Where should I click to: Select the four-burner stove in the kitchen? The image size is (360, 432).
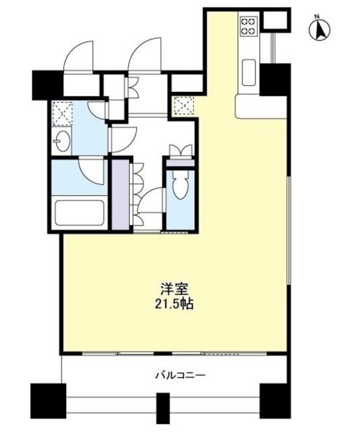[x=248, y=26]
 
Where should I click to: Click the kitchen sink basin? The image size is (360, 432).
[x=248, y=70]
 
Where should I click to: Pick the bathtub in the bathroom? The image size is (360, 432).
[x=78, y=214]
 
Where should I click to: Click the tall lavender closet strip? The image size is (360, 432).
[x=120, y=196]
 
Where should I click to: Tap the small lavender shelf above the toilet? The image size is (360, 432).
[x=180, y=162]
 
